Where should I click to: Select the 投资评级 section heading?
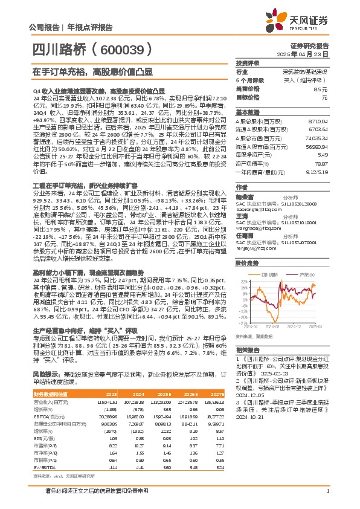point(248,63)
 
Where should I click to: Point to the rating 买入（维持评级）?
point(313,80)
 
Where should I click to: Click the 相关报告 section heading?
point(248,351)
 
